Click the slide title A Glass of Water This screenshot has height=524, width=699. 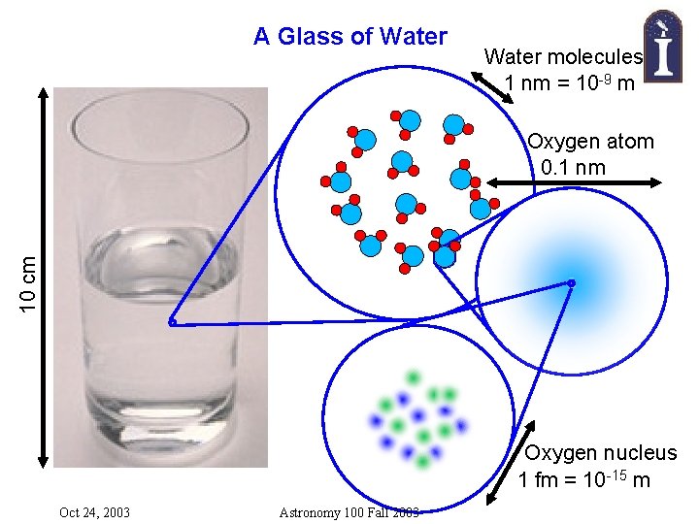[349, 37]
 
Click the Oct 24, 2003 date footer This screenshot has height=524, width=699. [94, 512]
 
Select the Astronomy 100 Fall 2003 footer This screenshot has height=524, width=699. [349, 512]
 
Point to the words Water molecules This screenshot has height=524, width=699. [563, 57]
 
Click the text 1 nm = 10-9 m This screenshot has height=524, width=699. [570, 83]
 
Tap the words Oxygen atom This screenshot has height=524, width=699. [590, 142]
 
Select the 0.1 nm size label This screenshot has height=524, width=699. [574, 167]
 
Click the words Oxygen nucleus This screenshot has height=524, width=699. [601, 453]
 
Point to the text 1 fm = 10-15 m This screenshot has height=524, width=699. [584, 480]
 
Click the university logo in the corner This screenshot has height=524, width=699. [660, 43]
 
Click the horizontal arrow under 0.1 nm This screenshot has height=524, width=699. [573, 182]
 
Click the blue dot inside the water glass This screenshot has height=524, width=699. [171, 322]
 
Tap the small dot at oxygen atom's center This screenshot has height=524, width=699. [572, 283]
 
